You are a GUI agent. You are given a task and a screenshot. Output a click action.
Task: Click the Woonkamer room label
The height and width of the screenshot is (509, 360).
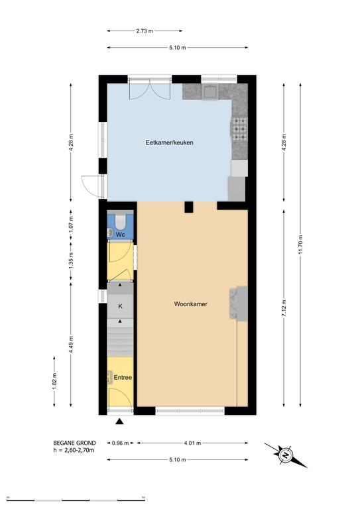(190, 304)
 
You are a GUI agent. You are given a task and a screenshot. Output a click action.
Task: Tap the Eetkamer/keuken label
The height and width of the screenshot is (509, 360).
(170, 142)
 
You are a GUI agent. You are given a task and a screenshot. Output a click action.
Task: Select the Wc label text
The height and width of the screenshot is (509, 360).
(121, 235)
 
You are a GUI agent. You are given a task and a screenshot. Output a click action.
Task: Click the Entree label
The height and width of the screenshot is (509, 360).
(123, 378)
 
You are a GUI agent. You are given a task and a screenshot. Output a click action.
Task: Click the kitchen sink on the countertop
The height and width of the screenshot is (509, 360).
(211, 91)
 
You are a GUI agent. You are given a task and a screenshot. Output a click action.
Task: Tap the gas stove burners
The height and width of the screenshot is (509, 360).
(239, 129)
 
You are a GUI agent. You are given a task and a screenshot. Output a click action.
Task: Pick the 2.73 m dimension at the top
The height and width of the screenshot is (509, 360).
(145, 31)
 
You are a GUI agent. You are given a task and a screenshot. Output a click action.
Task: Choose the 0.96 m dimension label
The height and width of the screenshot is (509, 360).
(120, 443)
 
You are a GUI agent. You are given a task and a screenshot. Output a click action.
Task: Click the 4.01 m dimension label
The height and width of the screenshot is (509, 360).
(192, 443)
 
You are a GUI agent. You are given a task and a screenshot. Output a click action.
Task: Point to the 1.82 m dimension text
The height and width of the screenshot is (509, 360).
(54, 382)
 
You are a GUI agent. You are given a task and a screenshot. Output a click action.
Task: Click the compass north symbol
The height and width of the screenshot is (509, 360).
(286, 455)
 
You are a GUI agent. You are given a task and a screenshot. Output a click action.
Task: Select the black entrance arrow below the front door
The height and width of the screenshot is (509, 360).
(120, 422)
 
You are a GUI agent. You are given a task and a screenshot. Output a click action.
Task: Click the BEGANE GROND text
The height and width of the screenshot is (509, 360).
(75, 443)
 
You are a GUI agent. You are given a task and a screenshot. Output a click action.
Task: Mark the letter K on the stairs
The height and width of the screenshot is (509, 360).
(120, 306)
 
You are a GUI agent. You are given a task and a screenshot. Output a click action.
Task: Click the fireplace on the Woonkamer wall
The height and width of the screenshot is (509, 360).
(239, 303)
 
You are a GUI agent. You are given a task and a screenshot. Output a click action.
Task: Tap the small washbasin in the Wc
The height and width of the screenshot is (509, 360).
(110, 233)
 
